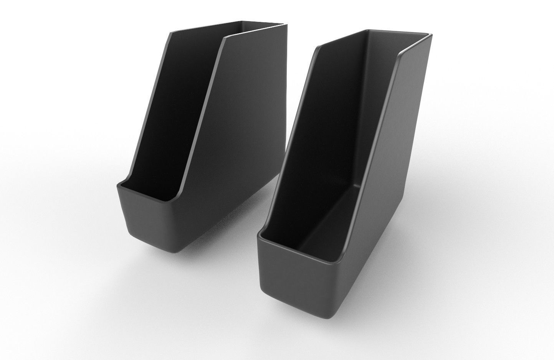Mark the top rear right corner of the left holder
coord(286,25)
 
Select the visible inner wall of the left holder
coord(169,115)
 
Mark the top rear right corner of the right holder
coord(429,37)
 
